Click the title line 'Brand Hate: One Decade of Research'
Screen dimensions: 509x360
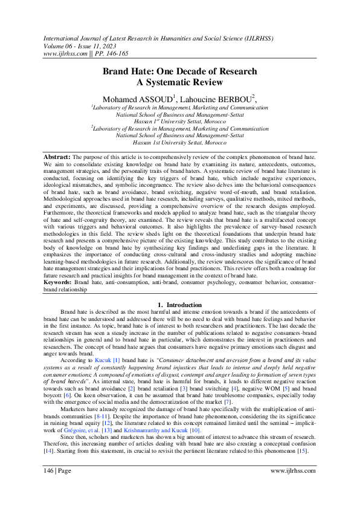tap(179, 71)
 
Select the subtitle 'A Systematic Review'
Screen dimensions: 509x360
tap(179, 83)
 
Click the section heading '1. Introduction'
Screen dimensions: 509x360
tap(179, 305)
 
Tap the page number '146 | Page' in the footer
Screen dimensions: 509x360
tap(57, 487)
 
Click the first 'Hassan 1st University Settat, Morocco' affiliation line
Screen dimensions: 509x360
tap(179, 122)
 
